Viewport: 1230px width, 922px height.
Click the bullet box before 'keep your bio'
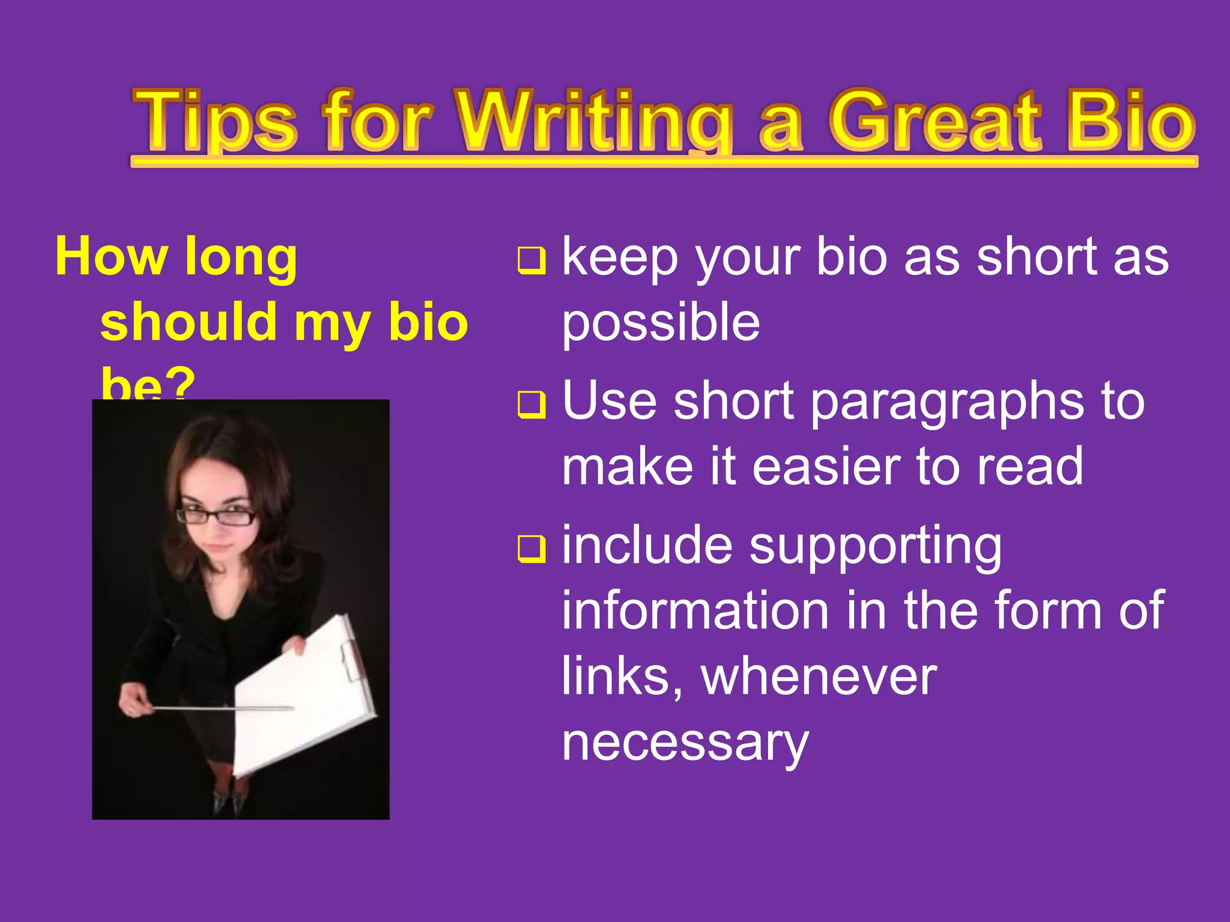(x=532, y=261)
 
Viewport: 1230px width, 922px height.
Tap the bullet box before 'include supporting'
(x=532, y=549)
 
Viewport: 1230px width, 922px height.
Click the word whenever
(x=819, y=677)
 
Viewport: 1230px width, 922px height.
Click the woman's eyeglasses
(x=216, y=516)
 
